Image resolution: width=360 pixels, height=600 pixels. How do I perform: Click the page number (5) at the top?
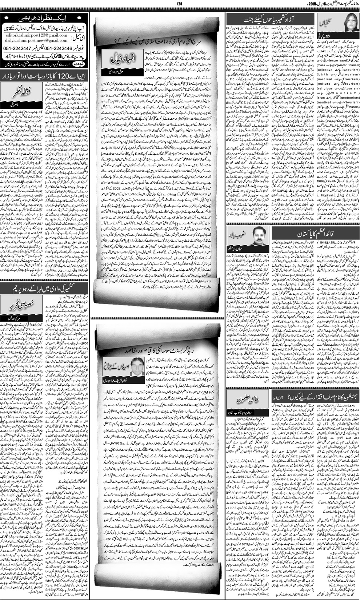click(180, 3)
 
